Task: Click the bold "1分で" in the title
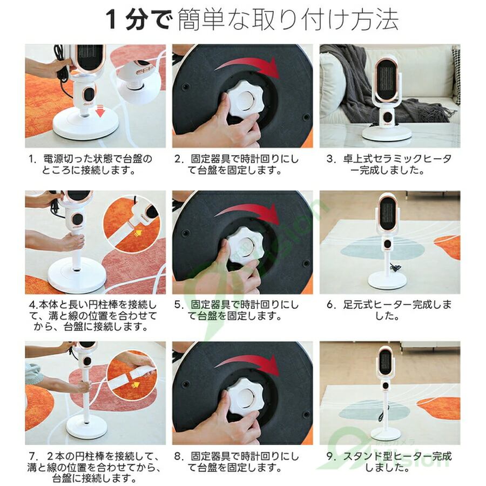139,19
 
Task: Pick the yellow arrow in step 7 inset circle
135,384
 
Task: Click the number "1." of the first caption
32,159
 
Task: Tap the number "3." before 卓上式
332,159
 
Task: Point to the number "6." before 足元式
332,305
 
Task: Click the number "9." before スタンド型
332,456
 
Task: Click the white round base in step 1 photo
86,125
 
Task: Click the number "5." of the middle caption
179,305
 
